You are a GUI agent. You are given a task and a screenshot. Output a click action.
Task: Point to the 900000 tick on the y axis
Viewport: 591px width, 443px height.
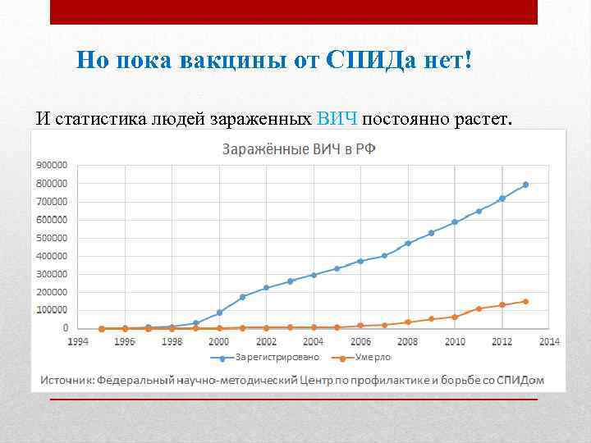(x=52, y=165)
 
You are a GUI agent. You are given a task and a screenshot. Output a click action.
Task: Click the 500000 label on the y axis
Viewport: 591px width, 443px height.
(x=52, y=238)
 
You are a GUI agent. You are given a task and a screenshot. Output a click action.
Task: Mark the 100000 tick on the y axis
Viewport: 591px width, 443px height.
(x=52, y=310)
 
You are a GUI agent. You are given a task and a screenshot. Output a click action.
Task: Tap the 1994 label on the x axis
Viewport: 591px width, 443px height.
(x=78, y=340)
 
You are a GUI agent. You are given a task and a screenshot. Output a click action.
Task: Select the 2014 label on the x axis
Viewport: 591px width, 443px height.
(x=549, y=340)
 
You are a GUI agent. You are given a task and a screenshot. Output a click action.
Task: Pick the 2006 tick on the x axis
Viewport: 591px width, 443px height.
(x=360, y=340)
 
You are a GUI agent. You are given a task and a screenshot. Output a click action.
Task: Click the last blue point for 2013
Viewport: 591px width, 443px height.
(x=525, y=185)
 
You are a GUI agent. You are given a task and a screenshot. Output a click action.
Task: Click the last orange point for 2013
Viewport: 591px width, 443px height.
(x=525, y=301)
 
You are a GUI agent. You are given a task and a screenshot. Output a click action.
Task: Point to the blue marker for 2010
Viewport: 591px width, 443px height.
(x=455, y=222)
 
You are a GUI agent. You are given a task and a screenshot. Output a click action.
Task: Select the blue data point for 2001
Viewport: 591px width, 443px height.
(x=242, y=297)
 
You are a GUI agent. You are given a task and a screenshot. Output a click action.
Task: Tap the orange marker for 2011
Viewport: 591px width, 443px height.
(x=479, y=308)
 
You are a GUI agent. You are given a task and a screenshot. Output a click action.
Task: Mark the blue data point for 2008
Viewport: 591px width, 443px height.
(x=408, y=244)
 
